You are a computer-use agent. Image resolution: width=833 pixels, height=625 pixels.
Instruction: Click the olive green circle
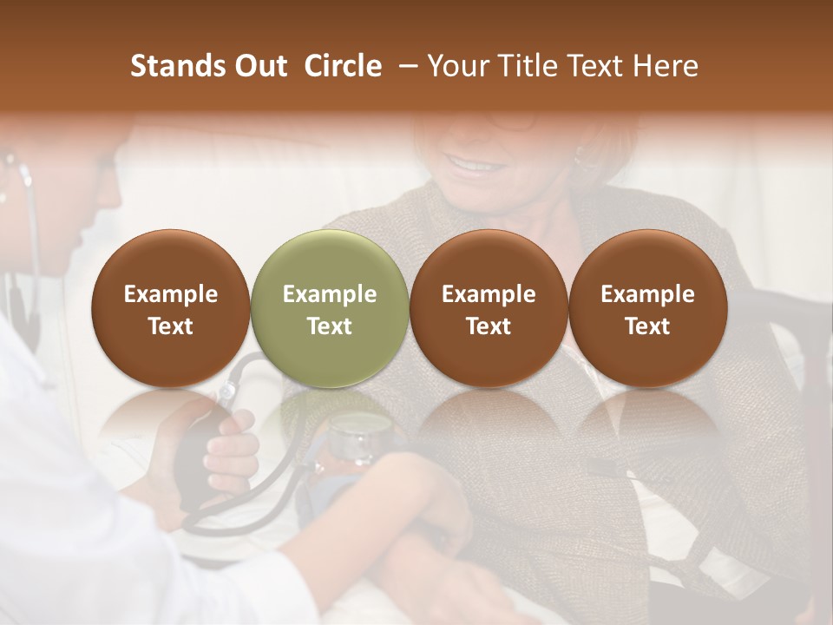[x=330, y=308]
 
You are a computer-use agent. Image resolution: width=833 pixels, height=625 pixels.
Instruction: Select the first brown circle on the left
[x=171, y=308]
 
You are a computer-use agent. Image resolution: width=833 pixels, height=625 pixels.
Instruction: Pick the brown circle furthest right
[x=647, y=308]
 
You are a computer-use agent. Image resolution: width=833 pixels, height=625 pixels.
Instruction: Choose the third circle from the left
[x=489, y=308]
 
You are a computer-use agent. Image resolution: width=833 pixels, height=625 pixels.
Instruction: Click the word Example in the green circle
[x=330, y=294]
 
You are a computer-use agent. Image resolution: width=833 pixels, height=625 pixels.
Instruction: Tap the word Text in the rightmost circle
[x=647, y=326]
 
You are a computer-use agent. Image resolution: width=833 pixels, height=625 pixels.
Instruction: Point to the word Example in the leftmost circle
[x=171, y=294]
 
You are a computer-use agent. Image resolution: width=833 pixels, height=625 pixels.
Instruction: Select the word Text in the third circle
[x=489, y=326]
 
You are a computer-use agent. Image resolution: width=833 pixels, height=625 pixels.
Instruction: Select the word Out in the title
[x=259, y=66]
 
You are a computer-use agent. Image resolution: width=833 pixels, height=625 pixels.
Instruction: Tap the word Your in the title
[x=456, y=66]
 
